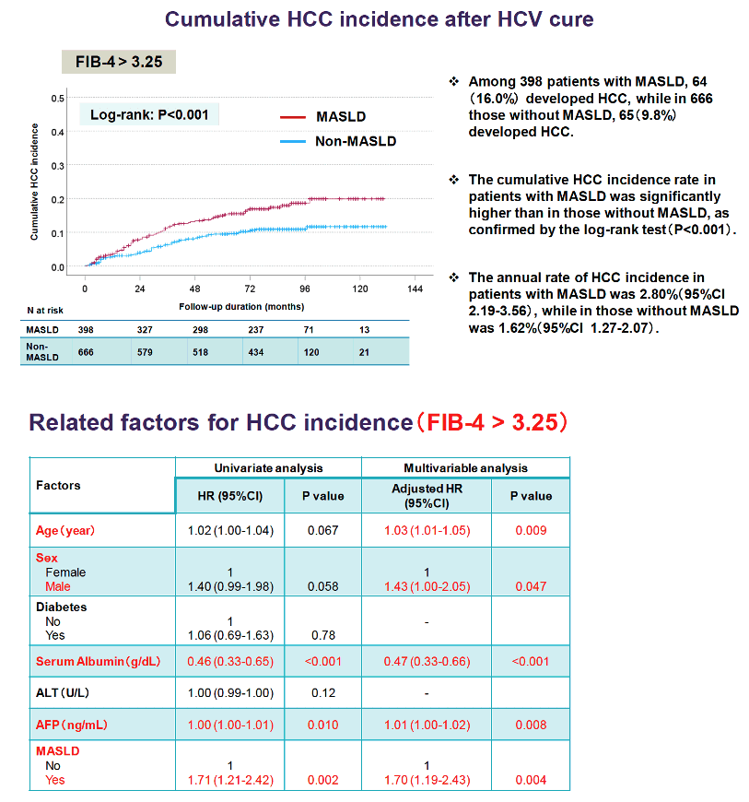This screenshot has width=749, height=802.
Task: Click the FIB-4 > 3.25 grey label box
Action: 119,62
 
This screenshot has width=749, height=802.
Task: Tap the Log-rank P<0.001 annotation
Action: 149,114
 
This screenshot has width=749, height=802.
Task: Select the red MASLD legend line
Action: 293,117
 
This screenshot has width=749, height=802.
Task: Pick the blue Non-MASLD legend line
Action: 293,141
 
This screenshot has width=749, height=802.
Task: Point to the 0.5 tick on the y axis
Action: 57,99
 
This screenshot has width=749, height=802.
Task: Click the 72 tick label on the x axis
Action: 250,289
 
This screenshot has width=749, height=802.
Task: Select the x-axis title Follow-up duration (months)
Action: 241,306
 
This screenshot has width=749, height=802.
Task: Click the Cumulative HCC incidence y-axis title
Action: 34,183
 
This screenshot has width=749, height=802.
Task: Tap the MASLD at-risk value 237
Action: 255,330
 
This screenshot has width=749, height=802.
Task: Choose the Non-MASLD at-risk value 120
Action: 310,352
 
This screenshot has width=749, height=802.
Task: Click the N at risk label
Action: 45,310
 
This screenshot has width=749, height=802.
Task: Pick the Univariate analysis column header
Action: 268,468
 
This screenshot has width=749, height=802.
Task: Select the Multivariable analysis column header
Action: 466,468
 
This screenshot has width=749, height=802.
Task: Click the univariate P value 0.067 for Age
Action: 323,530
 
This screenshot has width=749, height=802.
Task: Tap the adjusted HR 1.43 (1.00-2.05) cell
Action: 427,586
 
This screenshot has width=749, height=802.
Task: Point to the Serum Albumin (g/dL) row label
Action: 99,661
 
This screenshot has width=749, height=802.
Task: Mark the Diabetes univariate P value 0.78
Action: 323,635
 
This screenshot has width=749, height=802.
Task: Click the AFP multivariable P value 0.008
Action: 532,725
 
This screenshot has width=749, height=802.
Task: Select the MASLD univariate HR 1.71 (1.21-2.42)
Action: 230,780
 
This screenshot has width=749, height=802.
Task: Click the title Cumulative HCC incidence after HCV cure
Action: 380,19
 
